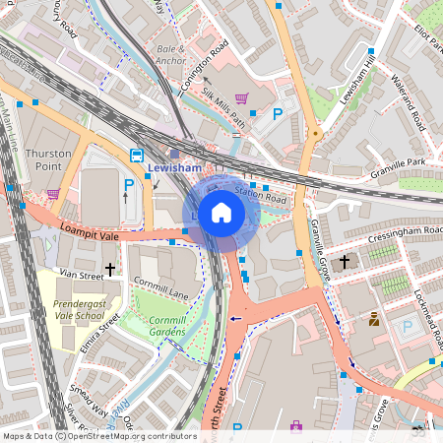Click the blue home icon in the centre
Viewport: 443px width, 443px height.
pos(221,213)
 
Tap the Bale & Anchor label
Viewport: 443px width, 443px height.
pos(170,54)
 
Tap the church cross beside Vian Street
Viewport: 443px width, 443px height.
pos(109,268)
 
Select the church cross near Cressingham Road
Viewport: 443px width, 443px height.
pos(345,262)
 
